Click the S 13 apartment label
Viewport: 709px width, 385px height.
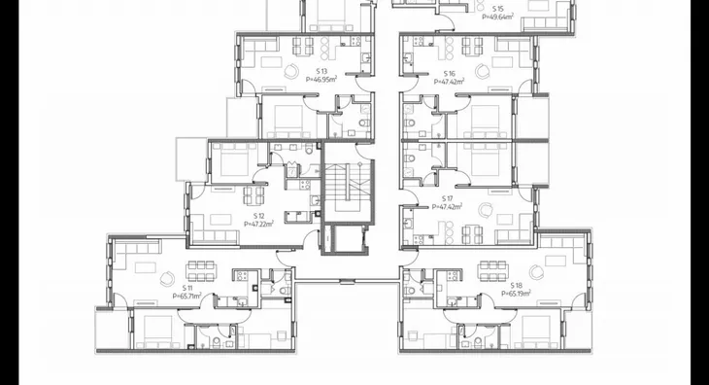click(x=321, y=71)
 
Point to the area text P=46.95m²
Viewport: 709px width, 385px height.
click(x=321, y=79)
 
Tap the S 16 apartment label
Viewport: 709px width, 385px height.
click(x=449, y=73)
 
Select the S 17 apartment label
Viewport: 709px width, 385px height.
click(x=447, y=198)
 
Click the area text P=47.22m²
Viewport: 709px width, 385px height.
click(x=258, y=224)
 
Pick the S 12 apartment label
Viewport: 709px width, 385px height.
click(x=258, y=216)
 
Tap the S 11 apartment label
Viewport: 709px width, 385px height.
click(x=187, y=288)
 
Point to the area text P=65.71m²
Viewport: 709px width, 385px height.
click(x=187, y=297)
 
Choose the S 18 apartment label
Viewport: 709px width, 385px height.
click(x=516, y=286)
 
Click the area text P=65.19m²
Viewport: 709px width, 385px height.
click(x=516, y=294)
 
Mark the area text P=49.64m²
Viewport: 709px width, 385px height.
click(x=497, y=17)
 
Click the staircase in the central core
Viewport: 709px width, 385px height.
click(x=347, y=182)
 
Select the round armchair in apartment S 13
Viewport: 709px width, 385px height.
click(x=290, y=71)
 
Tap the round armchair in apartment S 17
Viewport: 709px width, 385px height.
click(x=486, y=210)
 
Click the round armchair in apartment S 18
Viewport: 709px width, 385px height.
click(x=537, y=272)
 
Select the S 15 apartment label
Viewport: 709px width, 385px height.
click(x=497, y=9)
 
